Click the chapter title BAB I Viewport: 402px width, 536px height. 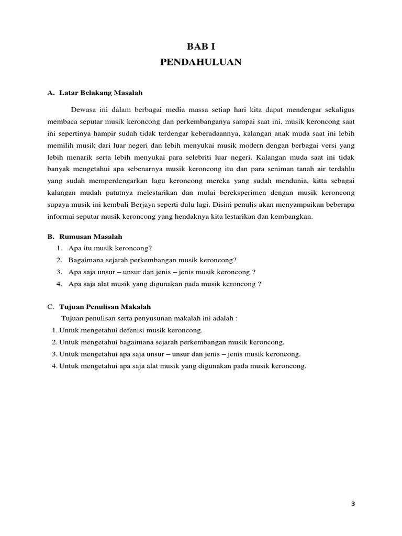click(x=200, y=47)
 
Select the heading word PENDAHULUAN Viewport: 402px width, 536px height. click(x=200, y=62)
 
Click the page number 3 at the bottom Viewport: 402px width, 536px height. click(x=353, y=504)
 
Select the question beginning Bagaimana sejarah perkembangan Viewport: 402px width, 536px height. click(x=152, y=260)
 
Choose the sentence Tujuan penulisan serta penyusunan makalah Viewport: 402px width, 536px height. click(x=149, y=318)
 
